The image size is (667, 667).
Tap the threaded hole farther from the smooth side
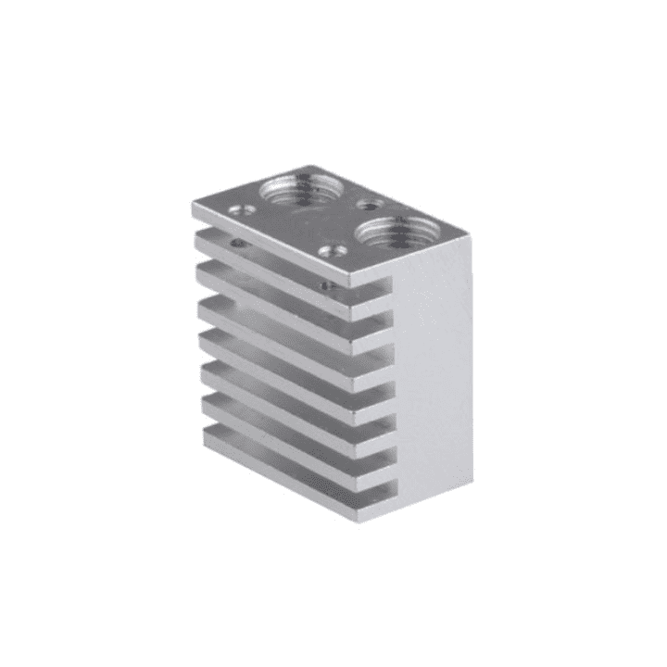pyautogui.click(x=296, y=191)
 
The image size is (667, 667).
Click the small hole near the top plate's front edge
pyautogui.click(x=329, y=249)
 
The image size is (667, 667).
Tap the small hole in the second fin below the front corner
pyautogui.click(x=325, y=285)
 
